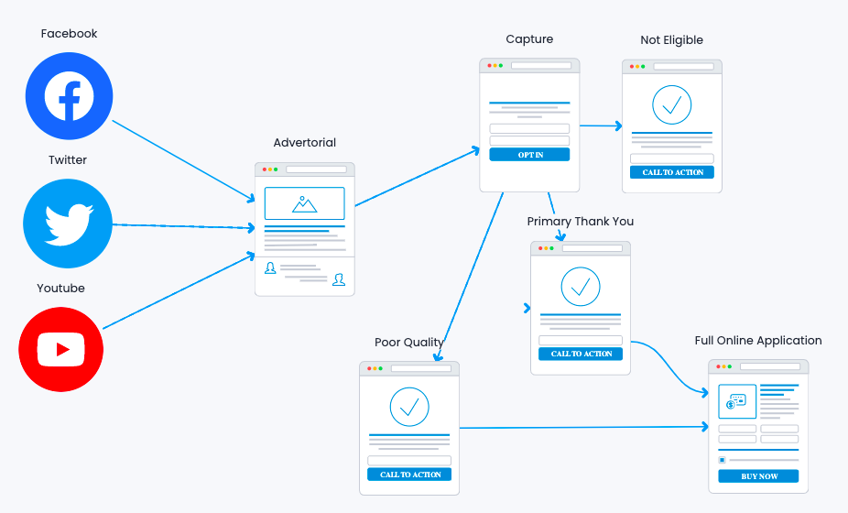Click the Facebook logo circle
coord(69,96)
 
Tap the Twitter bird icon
coord(69,224)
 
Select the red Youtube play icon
coord(61,349)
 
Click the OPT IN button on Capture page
coord(529,155)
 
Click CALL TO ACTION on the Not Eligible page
coord(672,172)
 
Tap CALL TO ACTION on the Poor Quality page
coord(409,475)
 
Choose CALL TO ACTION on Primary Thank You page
coord(581,354)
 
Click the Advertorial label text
coord(304,143)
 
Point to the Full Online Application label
coord(757,341)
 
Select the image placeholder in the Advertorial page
coord(304,203)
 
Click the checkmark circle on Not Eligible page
coord(672,105)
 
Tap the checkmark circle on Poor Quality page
coord(409,406)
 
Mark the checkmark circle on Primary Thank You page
coord(581,287)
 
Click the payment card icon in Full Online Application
coord(736,401)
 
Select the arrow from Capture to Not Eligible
coord(600,126)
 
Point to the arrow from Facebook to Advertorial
coord(183,160)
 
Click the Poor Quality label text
coord(408,343)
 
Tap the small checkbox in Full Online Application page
coord(722,460)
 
